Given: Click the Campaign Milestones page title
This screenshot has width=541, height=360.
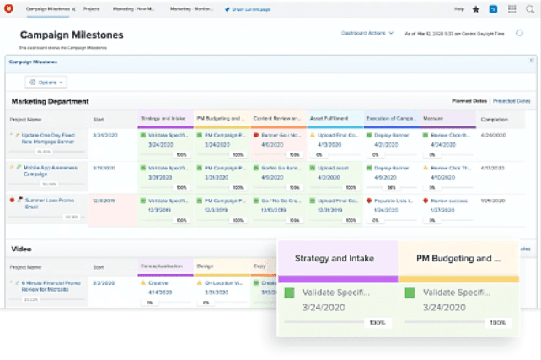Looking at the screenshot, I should coord(72,35).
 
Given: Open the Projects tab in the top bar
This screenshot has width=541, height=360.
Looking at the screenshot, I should coord(92,8).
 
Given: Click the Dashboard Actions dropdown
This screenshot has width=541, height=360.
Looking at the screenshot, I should coord(367,34).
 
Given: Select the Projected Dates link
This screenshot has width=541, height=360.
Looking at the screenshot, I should coord(512,101).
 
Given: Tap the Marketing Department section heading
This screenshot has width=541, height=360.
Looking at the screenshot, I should coord(50,101).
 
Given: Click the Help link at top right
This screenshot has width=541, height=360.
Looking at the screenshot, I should coord(459,8).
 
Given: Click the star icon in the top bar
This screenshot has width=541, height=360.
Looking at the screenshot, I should coord(476,8).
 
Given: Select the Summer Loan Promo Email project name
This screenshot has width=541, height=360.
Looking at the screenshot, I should coord(44,203).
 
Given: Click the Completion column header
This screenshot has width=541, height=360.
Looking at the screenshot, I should coord(495,119).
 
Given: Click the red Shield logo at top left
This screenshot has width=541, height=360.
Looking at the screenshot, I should coord(10,8).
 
